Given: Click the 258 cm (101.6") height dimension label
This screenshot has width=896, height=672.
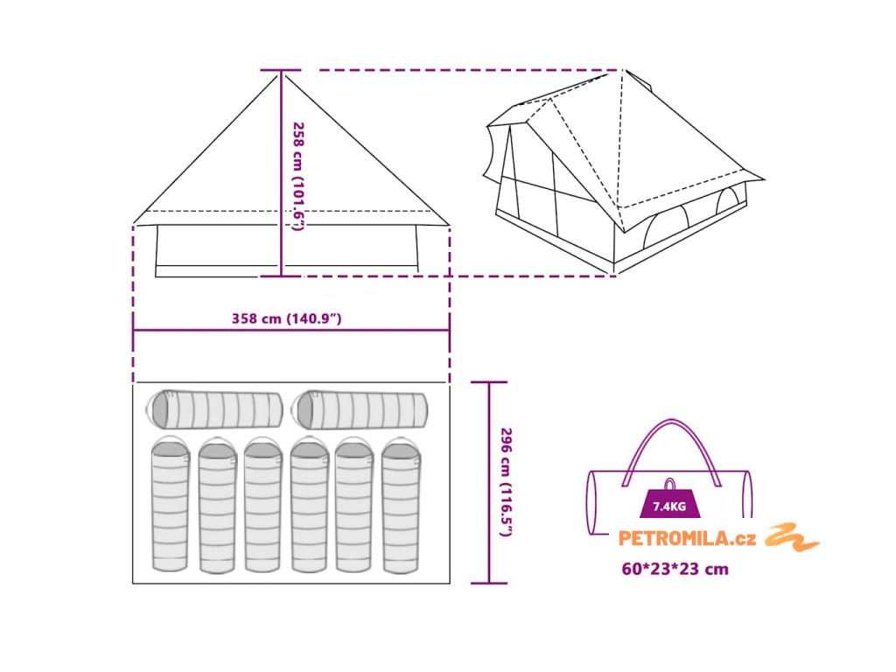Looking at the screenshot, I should point(298,175).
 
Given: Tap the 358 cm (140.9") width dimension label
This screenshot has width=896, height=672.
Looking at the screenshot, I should point(286,318).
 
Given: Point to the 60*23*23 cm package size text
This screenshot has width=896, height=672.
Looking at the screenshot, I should point(675,569).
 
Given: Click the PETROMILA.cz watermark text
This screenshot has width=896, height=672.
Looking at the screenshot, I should point(688,539).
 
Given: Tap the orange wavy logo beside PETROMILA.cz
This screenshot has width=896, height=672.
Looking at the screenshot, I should point(792,537).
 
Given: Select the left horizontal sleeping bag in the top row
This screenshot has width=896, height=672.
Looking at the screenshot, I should point(216,409).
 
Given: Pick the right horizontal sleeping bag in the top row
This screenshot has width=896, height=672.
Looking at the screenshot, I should point(362,409).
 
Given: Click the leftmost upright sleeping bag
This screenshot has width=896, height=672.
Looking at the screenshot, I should point(171,506).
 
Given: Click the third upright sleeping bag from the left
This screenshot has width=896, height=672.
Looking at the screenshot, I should point(262,506).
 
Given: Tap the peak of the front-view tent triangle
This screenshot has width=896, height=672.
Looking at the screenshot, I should point(282,72).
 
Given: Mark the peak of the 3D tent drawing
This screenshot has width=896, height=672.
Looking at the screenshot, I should point(623,72).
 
